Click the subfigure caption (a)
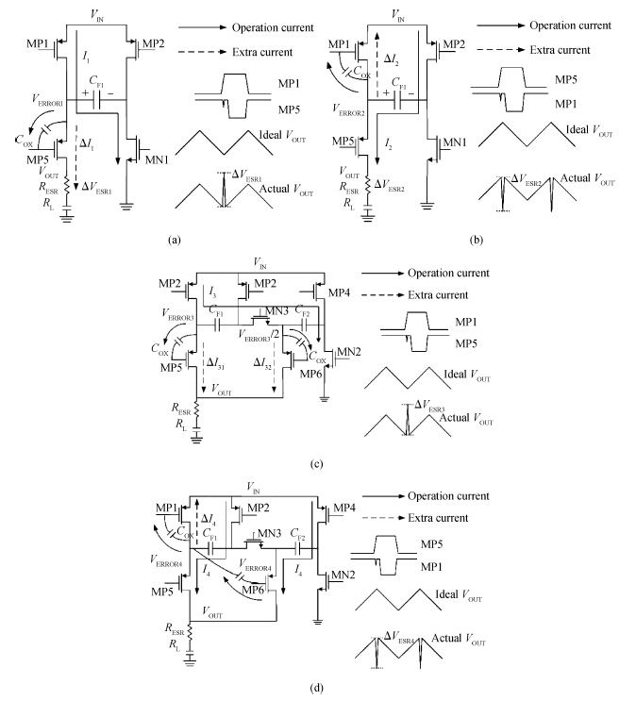[175, 240]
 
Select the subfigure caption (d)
[316, 688]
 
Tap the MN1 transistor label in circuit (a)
[157, 159]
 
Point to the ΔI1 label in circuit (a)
[87, 144]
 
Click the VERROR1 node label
[47, 101]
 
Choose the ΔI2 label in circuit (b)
[392, 59]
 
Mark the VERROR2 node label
[348, 110]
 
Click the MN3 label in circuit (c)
[276, 310]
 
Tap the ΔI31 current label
[215, 363]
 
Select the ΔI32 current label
[262, 363]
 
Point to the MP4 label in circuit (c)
[339, 292]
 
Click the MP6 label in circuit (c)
[310, 374]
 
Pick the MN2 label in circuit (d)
[343, 575]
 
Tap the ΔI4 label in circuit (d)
[209, 520]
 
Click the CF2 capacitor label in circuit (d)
[297, 534]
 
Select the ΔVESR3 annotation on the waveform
[429, 406]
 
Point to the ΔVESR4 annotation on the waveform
[399, 637]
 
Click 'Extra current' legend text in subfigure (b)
[560, 50]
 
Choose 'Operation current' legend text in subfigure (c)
[448, 273]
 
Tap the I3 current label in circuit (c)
[212, 292]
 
